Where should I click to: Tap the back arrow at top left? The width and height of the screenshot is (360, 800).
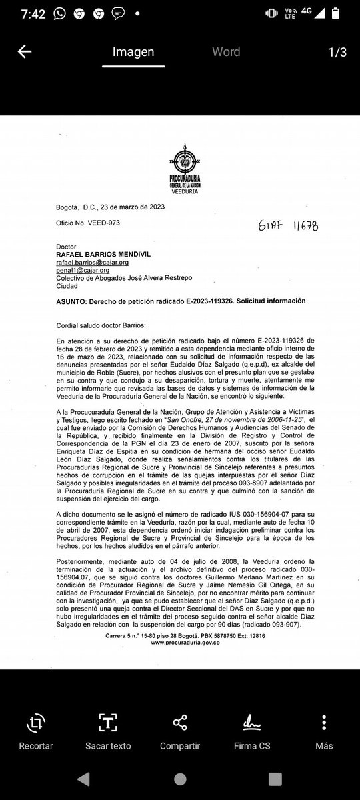pos(24,52)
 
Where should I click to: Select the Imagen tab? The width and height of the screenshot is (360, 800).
pos(133,52)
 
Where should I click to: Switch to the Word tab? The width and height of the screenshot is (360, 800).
pos(226,52)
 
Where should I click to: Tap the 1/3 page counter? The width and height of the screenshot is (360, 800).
pos(337,53)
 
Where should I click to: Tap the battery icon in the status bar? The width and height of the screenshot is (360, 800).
pos(345,13)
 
